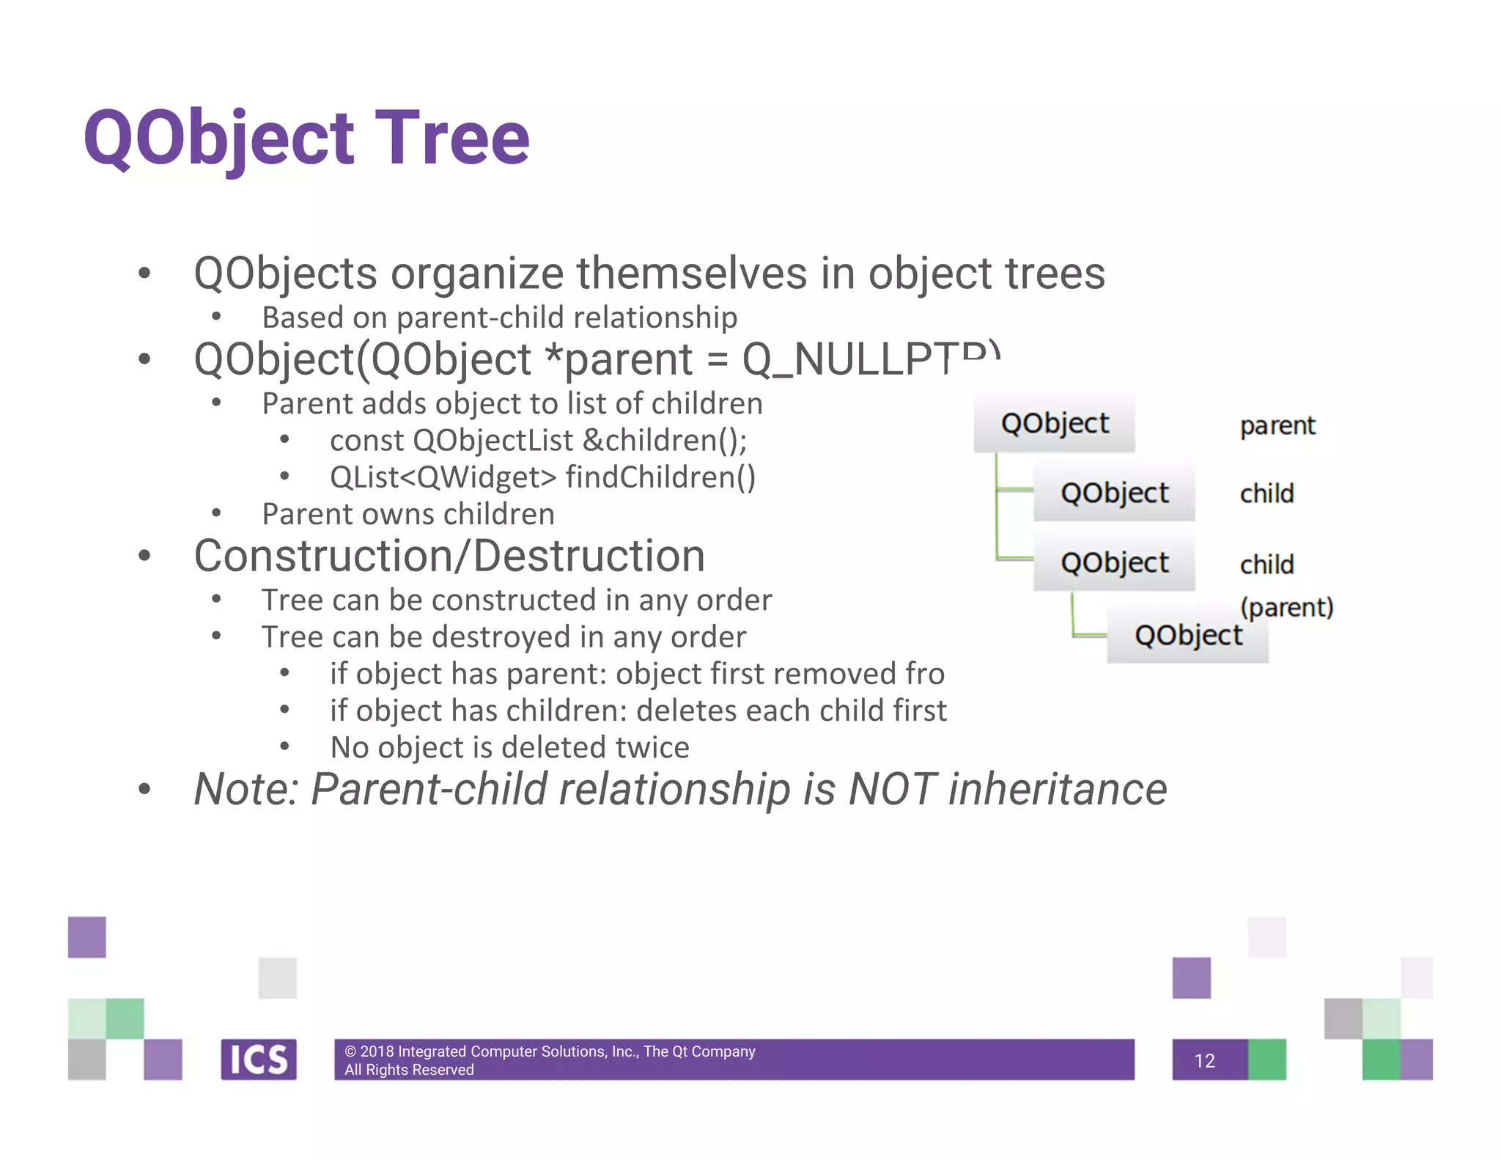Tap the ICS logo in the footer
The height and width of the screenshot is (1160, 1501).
(259, 1060)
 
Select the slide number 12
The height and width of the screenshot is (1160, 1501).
(1204, 1061)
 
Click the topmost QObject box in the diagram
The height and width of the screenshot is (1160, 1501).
(1054, 423)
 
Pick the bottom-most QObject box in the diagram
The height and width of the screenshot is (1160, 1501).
(1187, 635)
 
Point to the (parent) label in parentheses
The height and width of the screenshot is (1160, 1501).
(1286, 607)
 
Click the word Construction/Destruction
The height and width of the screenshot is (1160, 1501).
(449, 556)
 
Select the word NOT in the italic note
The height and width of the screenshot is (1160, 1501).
(891, 790)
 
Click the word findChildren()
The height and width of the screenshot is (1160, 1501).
(660, 477)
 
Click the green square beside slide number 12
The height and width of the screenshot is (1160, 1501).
(1266, 1060)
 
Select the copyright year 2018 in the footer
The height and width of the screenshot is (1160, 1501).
(377, 1051)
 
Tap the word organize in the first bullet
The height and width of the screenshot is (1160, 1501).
(477, 274)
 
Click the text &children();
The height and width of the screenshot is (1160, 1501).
(665, 441)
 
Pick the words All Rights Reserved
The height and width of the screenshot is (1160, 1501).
(409, 1070)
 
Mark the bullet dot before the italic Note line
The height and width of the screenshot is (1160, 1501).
(144, 790)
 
